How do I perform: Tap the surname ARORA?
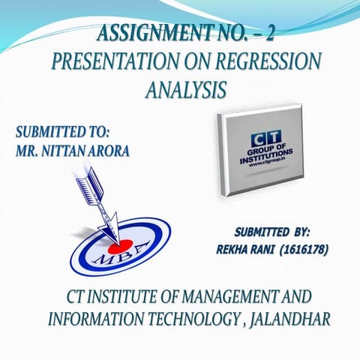click(x=110, y=150)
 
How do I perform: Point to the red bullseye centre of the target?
click(x=115, y=245)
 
